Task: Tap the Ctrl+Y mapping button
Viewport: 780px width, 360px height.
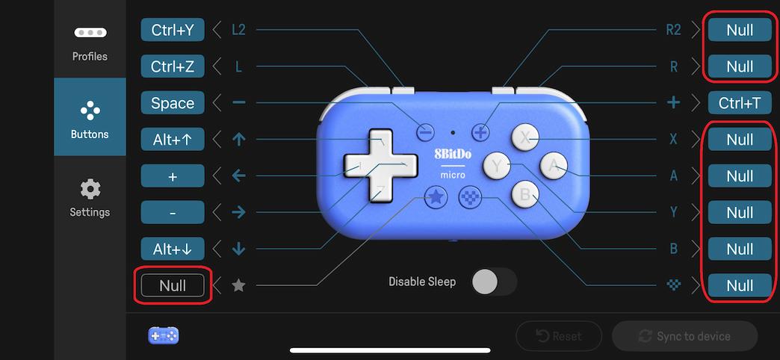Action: click(x=173, y=30)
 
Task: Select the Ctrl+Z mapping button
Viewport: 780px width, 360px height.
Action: click(x=173, y=66)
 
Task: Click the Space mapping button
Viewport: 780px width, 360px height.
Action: click(x=173, y=103)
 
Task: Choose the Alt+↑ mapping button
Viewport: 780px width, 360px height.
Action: click(x=173, y=139)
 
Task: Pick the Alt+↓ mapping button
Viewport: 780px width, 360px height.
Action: click(x=173, y=249)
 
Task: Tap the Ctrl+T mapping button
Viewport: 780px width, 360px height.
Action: click(x=740, y=103)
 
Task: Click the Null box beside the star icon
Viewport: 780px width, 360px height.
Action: click(x=173, y=285)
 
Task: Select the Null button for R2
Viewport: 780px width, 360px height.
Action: click(x=740, y=30)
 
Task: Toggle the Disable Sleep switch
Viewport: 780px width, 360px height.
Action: click(x=494, y=282)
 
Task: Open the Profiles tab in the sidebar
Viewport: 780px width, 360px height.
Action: click(x=90, y=43)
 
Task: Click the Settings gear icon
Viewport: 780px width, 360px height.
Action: click(x=90, y=189)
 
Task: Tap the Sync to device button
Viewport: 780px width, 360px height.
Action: click(x=684, y=336)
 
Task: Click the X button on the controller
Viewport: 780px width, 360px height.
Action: click(x=525, y=137)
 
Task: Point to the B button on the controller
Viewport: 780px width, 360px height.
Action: click(x=525, y=195)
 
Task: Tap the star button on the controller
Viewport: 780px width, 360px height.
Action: click(x=436, y=197)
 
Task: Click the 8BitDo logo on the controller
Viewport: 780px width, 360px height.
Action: click(x=453, y=155)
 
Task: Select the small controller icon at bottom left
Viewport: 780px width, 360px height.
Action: click(x=164, y=336)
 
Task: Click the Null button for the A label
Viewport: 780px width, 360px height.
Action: click(x=740, y=176)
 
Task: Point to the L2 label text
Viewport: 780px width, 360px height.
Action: click(x=238, y=30)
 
